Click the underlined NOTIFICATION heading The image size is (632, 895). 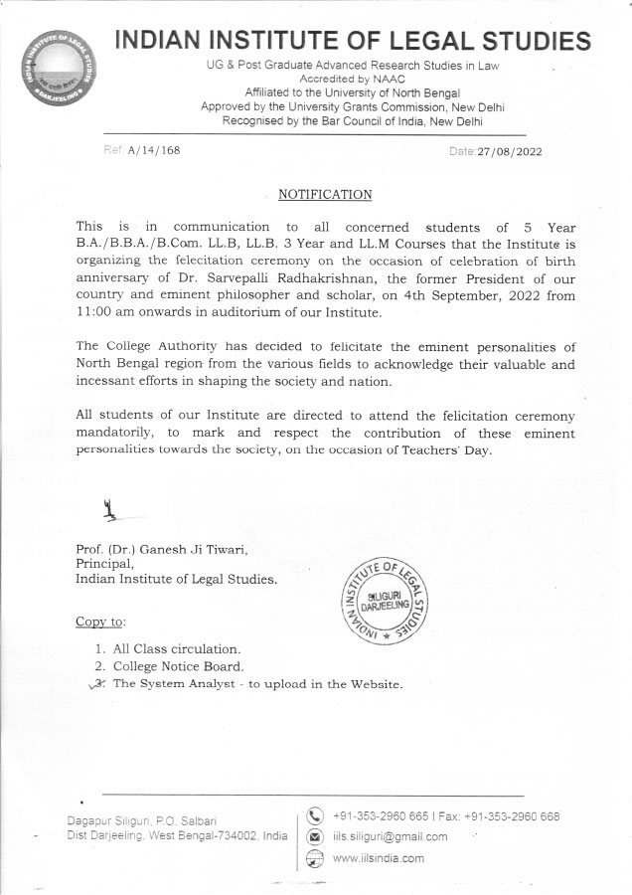tap(325, 194)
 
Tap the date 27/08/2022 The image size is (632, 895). tap(510, 151)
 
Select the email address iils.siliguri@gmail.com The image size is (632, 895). tap(391, 837)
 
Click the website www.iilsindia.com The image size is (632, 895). tap(379, 858)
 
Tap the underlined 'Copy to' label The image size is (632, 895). tap(100, 622)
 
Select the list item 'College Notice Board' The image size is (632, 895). tap(178, 666)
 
